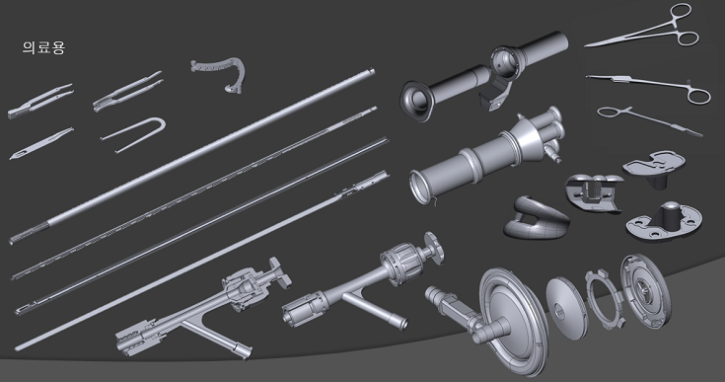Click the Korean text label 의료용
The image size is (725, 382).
[x=44, y=47]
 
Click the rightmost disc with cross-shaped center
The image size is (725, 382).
[x=644, y=290]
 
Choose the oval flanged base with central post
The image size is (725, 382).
[x=664, y=221]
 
